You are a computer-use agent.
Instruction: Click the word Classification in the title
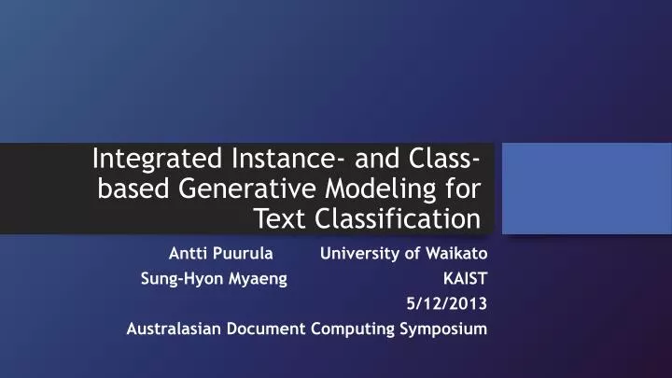(402, 220)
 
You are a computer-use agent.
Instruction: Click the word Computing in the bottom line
(354, 329)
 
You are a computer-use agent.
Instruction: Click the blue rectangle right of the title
(587, 188)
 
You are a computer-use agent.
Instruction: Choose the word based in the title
(126, 189)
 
